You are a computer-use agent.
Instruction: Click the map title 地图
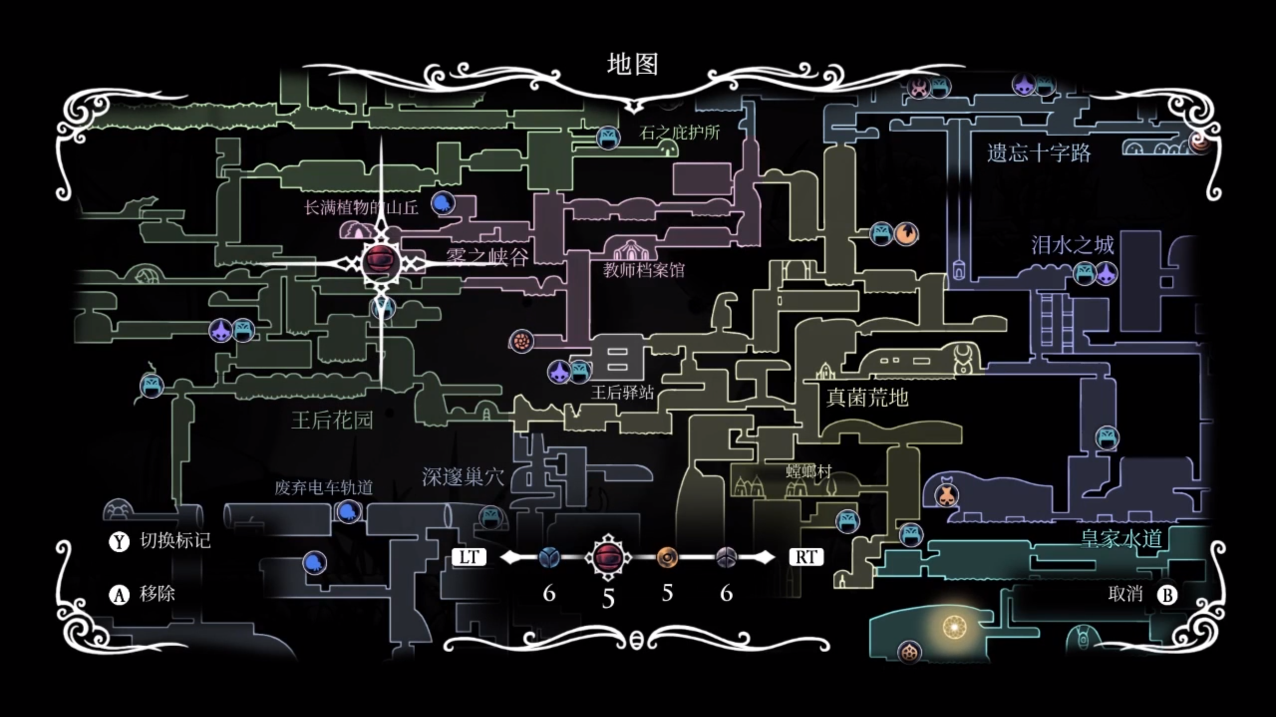(x=633, y=65)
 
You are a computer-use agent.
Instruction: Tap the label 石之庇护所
(x=679, y=133)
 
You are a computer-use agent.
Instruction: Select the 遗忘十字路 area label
(x=1039, y=153)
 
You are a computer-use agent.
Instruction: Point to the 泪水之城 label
(x=1072, y=245)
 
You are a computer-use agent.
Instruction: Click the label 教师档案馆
(x=643, y=271)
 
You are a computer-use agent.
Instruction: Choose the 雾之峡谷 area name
(x=487, y=257)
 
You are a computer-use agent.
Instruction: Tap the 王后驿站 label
(x=622, y=393)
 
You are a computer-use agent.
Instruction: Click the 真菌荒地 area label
(x=867, y=398)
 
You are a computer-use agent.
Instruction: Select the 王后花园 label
(x=332, y=421)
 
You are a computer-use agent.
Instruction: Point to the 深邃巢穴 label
(x=463, y=477)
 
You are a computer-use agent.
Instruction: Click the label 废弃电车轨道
(x=324, y=487)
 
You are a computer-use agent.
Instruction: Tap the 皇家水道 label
(x=1121, y=539)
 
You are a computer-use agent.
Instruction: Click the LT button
(x=469, y=557)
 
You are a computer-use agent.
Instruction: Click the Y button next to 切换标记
(x=119, y=542)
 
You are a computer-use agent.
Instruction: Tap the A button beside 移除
(x=119, y=594)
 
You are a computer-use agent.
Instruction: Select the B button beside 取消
(x=1167, y=595)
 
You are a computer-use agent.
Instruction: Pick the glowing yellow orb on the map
(x=955, y=626)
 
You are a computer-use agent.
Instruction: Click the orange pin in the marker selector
(x=667, y=557)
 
